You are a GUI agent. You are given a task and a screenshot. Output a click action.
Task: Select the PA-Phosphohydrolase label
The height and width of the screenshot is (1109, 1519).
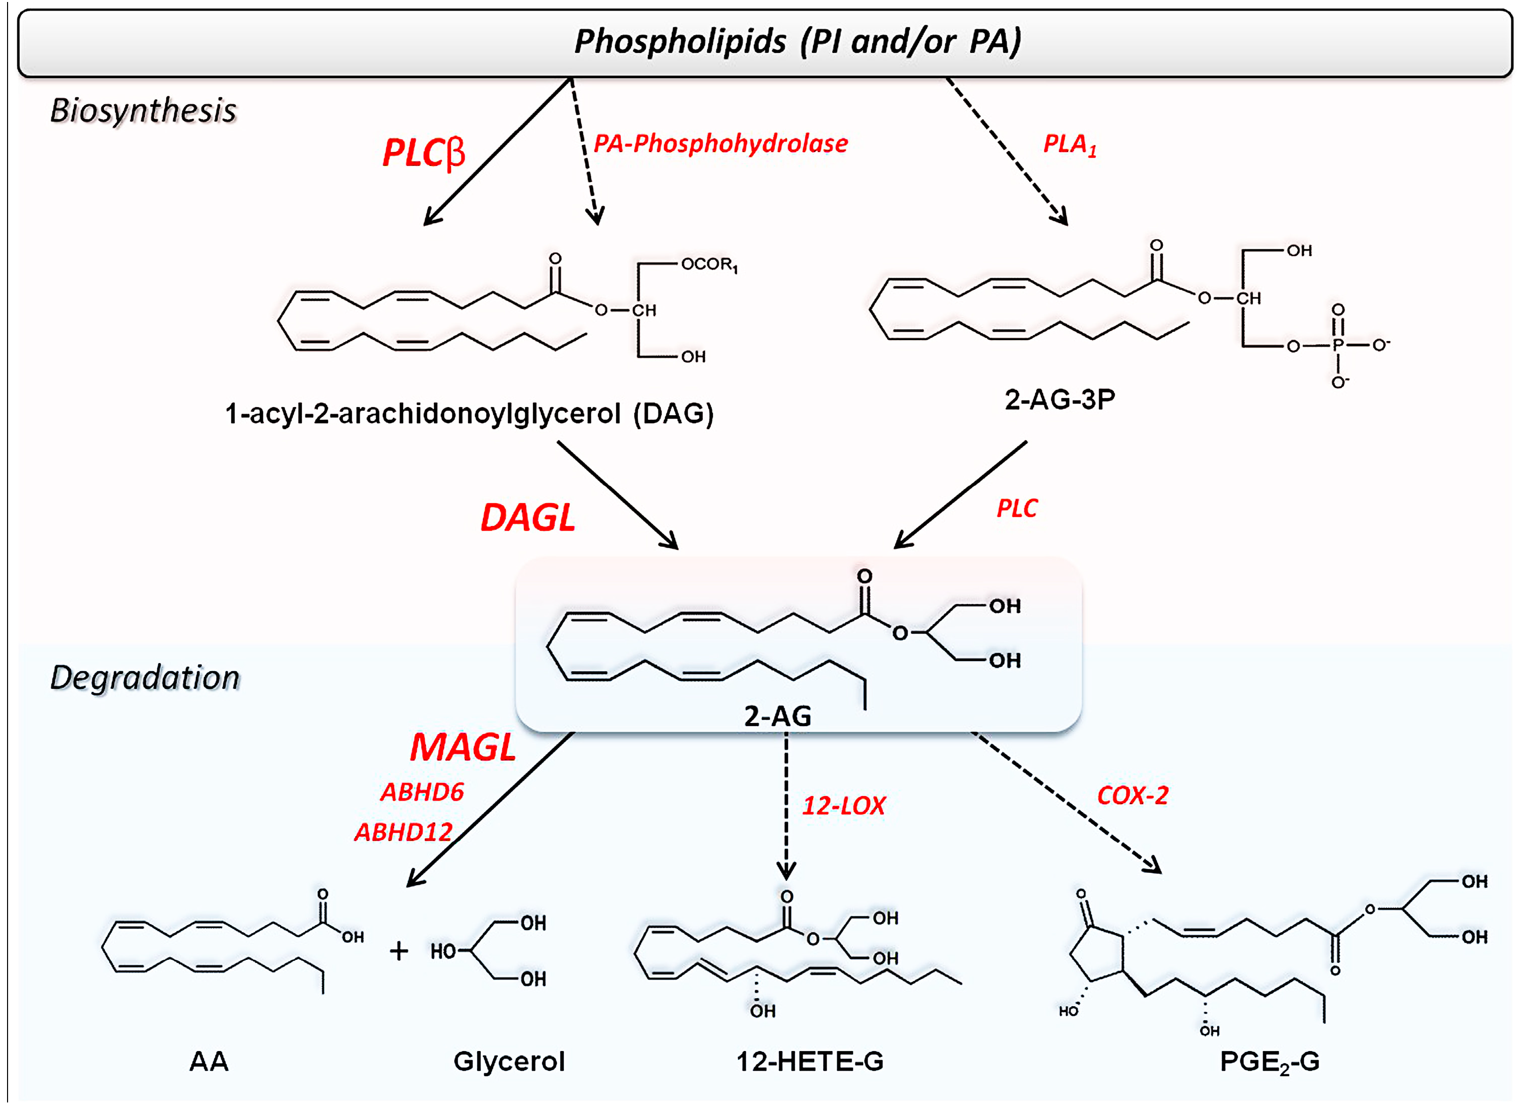point(720,144)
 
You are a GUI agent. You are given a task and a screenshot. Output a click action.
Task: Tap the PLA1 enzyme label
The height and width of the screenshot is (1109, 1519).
point(1069,144)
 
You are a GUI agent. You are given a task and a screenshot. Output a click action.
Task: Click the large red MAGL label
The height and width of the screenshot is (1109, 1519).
point(463,747)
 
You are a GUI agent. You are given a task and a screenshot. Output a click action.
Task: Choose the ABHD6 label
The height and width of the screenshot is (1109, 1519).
point(422,793)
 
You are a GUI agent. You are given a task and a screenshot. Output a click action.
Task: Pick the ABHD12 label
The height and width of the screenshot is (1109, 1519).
point(404,832)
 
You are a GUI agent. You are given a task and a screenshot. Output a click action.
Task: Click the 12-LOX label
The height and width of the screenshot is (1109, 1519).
point(844,806)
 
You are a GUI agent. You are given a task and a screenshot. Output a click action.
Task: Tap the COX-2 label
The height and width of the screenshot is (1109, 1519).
point(1133,796)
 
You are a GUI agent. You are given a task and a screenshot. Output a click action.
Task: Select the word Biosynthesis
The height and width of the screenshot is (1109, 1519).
point(143,111)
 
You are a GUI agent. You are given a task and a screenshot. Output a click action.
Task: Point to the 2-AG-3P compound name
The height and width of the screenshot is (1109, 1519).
point(1059,400)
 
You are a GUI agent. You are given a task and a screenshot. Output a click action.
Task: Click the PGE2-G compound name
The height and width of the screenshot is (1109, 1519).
point(1269,1062)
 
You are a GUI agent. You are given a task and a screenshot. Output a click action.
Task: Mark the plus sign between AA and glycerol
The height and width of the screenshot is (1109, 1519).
point(399,951)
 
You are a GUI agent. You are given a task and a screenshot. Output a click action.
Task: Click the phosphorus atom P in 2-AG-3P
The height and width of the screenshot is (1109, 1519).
point(1337,346)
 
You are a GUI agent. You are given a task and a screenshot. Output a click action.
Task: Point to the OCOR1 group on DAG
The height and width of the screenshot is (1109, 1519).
point(709,265)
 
